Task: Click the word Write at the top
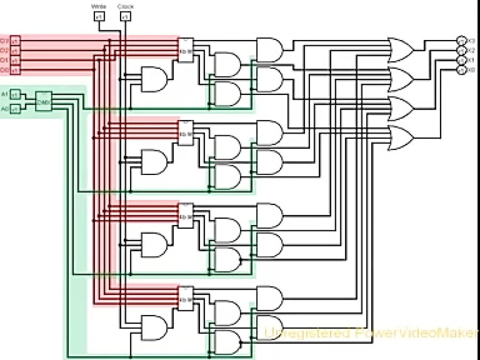(x=99, y=6)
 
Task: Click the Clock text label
(x=125, y=6)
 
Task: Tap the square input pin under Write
(x=99, y=17)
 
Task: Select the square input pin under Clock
(x=125, y=17)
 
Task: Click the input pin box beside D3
(x=15, y=41)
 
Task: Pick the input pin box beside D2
(x=15, y=51)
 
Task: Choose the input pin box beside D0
(x=15, y=70)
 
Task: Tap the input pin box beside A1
(x=15, y=94)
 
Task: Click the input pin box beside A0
(x=15, y=109)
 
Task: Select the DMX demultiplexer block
(x=44, y=101)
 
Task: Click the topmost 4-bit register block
(x=186, y=50)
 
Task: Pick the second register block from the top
(x=186, y=133)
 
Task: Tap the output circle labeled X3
(x=461, y=41)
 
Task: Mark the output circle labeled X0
(x=461, y=70)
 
